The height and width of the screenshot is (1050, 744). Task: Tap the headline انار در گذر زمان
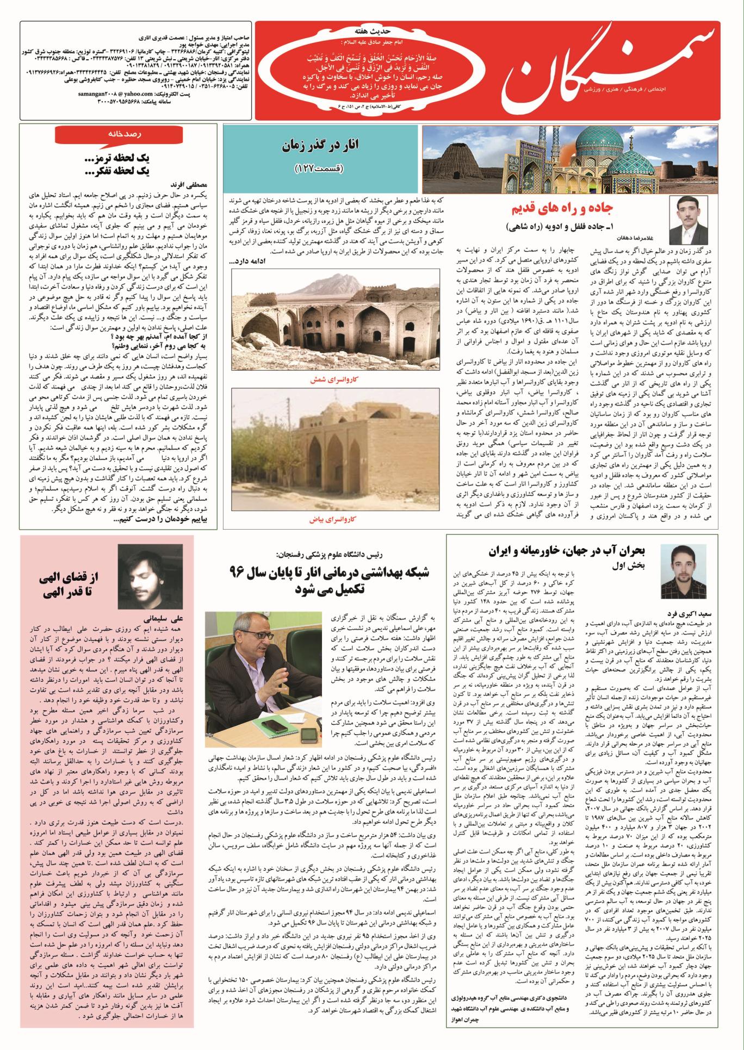coord(320,147)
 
